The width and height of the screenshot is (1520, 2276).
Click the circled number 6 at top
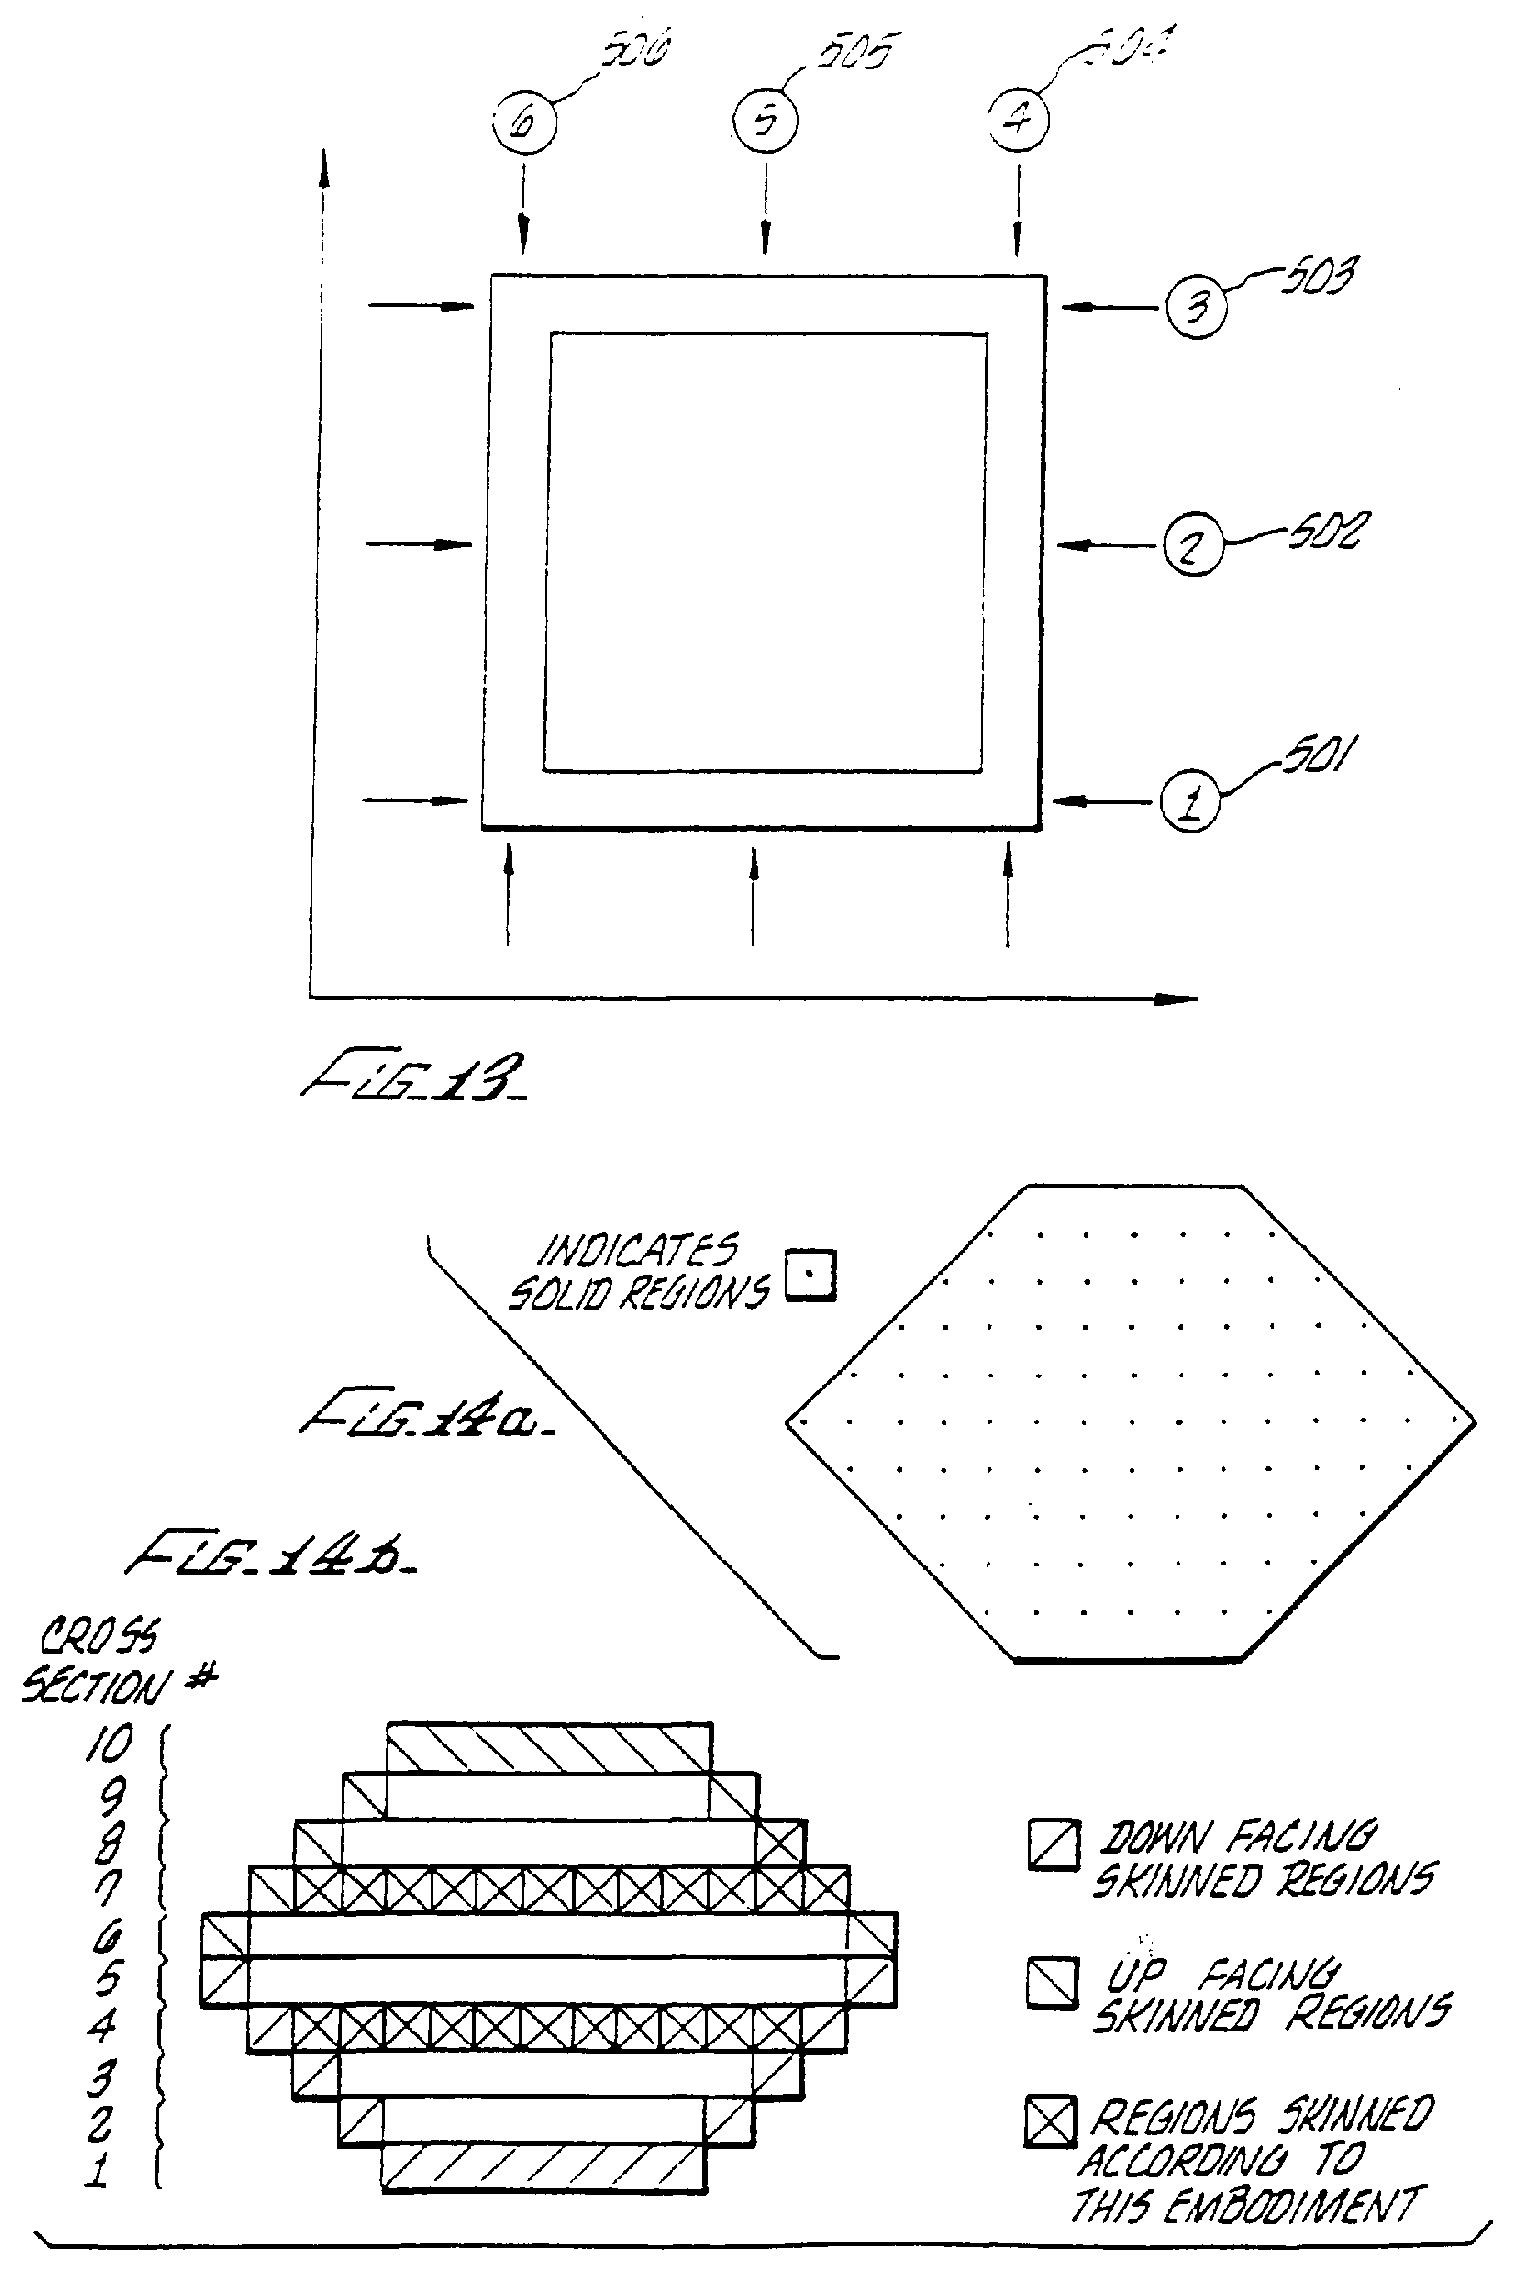click(x=524, y=123)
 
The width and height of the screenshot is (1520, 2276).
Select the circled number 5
click(x=765, y=120)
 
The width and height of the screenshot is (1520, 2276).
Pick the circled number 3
click(x=1196, y=307)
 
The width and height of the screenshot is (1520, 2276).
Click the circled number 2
click(x=1192, y=546)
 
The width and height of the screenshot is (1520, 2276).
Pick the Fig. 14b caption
click(x=272, y=1553)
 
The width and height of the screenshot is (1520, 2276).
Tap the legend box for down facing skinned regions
click(x=1052, y=1844)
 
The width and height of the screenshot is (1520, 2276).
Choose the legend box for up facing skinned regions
click(x=1052, y=1983)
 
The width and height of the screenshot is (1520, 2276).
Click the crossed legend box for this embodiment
click(x=1051, y=2121)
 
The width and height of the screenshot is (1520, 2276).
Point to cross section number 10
click(x=108, y=1744)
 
